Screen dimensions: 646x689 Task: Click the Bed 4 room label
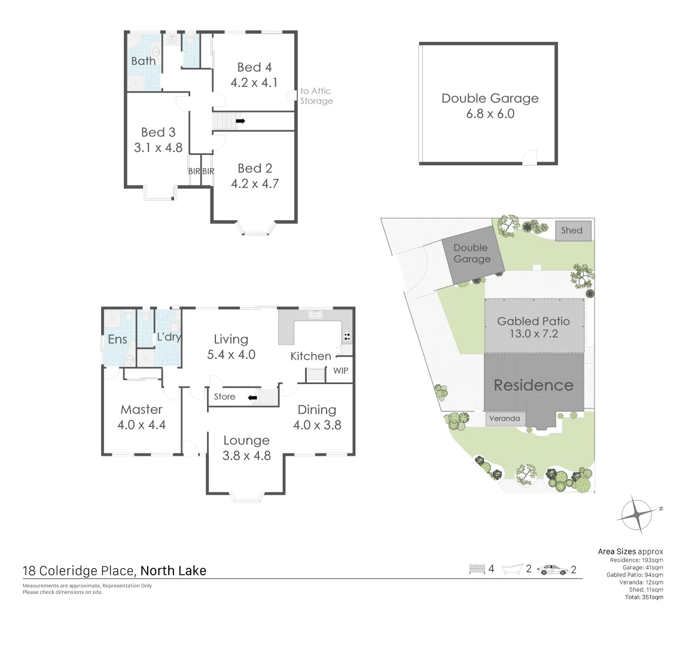point(254,67)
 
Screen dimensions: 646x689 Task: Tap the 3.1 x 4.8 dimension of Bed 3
point(158,147)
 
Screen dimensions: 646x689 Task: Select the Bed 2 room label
point(255,168)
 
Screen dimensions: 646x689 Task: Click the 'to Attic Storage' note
point(316,96)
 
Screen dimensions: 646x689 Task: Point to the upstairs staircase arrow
point(240,121)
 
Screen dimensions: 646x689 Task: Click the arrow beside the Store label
point(252,397)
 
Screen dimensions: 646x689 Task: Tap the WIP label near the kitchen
point(340,371)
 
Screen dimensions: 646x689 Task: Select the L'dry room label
point(169,337)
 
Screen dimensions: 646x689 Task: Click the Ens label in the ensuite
point(117,339)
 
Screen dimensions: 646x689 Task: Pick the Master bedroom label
point(141,409)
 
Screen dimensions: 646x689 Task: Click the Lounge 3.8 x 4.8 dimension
point(246,456)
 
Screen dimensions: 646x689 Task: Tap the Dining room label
point(316,409)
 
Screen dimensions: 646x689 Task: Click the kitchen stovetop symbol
point(347,336)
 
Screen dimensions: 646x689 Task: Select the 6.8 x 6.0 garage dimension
point(490,114)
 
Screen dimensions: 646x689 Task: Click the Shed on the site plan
point(572,230)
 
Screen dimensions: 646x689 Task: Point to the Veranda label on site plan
point(504,419)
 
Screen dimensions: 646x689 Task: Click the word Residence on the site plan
point(533,385)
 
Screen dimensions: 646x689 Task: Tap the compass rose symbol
point(636,514)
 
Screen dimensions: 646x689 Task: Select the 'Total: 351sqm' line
point(644,597)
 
